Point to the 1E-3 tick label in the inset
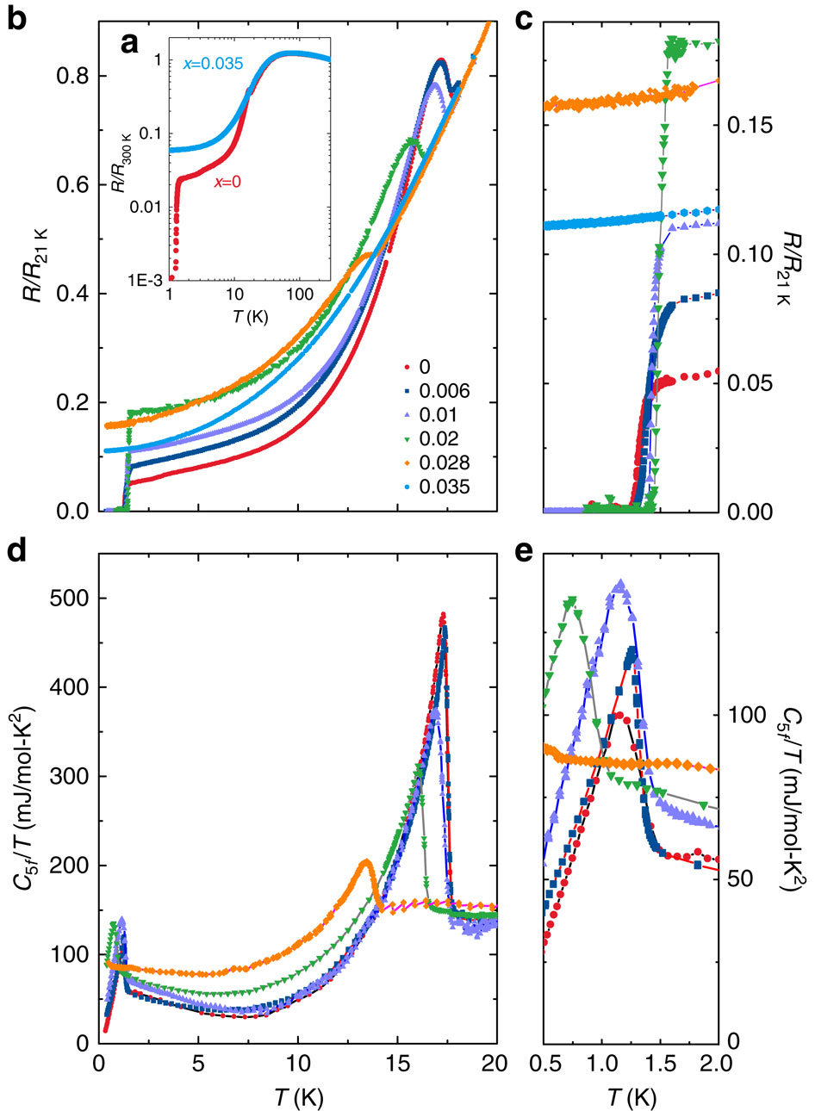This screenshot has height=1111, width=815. pyautogui.click(x=145, y=278)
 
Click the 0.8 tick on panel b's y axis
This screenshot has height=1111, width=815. pyautogui.click(x=72, y=77)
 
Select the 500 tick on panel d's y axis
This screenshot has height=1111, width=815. pyautogui.click(x=67, y=599)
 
